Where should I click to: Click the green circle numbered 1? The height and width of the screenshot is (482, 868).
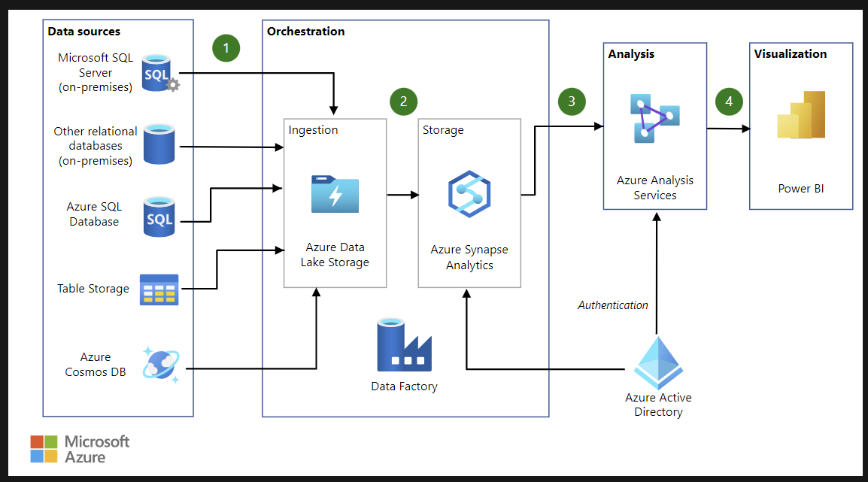[x=226, y=48]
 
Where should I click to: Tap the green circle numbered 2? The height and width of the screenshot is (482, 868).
[x=403, y=102]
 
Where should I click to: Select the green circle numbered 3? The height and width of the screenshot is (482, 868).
[x=572, y=102]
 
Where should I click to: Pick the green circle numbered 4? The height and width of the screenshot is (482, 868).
[x=728, y=102]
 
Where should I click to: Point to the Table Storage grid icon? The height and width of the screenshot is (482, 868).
[x=159, y=290]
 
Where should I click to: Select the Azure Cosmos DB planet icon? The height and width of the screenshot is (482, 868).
[x=161, y=365]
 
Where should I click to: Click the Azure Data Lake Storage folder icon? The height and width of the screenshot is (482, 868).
[x=335, y=194]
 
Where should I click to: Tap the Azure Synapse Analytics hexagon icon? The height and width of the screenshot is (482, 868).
[x=469, y=195]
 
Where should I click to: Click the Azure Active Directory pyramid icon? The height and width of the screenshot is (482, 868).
[x=657, y=362]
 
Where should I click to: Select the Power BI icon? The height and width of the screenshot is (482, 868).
[x=801, y=116]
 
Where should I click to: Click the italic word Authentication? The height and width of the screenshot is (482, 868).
[x=613, y=305]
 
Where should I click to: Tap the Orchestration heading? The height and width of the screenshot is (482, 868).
[x=306, y=32]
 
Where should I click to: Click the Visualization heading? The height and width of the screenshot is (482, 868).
[x=791, y=54]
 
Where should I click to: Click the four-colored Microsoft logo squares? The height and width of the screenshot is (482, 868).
[x=44, y=449]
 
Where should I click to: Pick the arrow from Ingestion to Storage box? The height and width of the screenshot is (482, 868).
[x=402, y=196]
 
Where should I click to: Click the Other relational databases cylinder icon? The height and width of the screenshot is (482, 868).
[x=160, y=144]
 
